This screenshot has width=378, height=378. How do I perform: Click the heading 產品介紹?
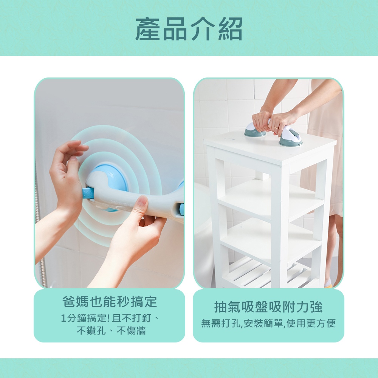click(x=189, y=29)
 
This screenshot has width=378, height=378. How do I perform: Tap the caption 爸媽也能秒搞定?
click(x=110, y=302)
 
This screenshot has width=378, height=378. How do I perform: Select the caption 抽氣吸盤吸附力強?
click(x=268, y=307)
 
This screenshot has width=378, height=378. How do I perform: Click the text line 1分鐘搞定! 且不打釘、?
click(x=110, y=318)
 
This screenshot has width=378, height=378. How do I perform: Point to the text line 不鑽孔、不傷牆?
click(x=111, y=330)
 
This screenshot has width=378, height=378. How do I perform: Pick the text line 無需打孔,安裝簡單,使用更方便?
click(x=268, y=323)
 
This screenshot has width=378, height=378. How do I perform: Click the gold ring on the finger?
click(x=276, y=127)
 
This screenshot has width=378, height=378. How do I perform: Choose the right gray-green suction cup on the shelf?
click(x=290, y=139)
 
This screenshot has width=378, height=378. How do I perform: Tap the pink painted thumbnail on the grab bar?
click(x=142, y=200)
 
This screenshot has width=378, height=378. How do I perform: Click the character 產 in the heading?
click(x=147, y=29)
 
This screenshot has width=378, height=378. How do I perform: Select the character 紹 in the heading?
click(x=230, y=29)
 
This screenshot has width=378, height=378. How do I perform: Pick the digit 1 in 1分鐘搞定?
click(x=64, y=319)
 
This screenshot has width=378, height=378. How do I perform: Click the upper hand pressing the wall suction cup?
click(x=68, y=174)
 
